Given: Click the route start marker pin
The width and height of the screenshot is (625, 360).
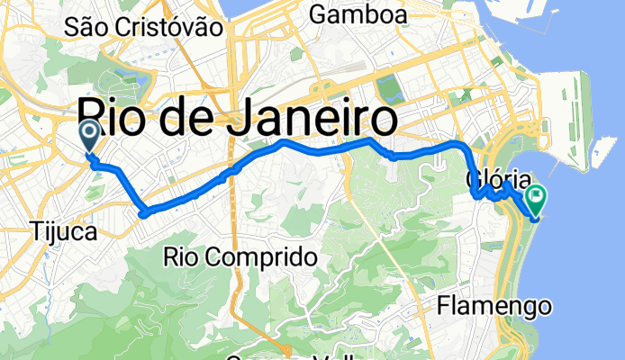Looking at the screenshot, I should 91,138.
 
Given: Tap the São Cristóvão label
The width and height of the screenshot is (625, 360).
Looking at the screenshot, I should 144,27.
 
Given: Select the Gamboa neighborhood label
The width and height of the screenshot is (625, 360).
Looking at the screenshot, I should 357,14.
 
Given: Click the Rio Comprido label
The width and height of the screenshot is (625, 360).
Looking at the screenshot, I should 240,257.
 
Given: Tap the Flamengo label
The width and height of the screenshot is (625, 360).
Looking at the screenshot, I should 494,307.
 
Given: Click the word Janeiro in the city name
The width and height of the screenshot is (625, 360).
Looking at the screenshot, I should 312,120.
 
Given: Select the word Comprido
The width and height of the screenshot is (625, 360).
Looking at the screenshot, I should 265,257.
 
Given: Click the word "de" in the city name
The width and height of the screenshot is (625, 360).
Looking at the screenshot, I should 187,120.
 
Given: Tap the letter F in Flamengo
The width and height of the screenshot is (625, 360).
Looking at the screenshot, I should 443,307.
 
